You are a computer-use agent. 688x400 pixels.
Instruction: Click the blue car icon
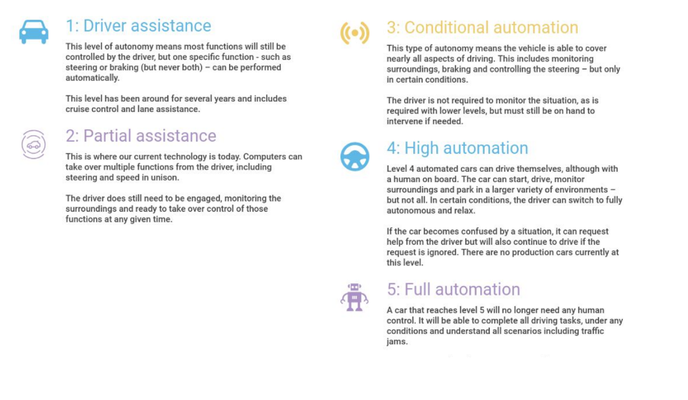pyautogui.click(x=34, y=32)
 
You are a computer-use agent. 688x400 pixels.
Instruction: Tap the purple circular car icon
pyautogui.click(x=34, y=145)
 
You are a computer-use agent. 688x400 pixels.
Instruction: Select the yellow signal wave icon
pyautogui.click(x=355, y=33)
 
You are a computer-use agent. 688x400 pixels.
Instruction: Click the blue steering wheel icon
pyautogui.click(x=355, y=156)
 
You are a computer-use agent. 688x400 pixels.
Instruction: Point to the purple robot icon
pyautogui.click(x=354, y=297)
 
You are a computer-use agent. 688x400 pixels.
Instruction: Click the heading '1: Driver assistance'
pyautogui.click(x=138, y=25)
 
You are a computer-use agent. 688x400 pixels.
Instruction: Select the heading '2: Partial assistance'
pyautogui.click(x=141, y=136)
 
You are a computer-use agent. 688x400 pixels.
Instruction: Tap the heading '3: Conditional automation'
pyautogui.click(x=482, y=28)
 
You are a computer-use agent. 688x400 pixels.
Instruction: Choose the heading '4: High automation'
pyautogui.click(x=458, y=148)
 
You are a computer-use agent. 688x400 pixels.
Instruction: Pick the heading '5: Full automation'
pyautogui.click(x=453, y=289)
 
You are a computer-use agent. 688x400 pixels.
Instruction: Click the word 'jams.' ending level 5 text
pyautogui.click(x=397, y=342)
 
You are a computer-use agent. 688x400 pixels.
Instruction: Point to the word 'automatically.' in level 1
pyautogui.click(x=92, y=78)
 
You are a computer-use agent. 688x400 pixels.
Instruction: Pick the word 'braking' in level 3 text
pyautogui.click(x=456, y=69)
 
